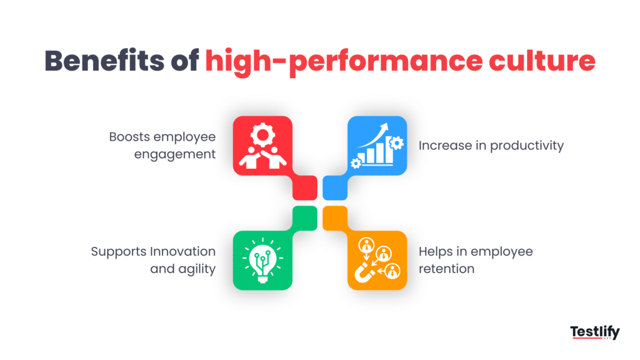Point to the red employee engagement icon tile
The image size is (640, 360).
pos(262,146)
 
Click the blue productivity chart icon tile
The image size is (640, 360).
pos(377,146)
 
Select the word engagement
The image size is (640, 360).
pos(175,154)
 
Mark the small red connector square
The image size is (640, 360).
pos(305,187)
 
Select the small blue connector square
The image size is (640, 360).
pos(334,187)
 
